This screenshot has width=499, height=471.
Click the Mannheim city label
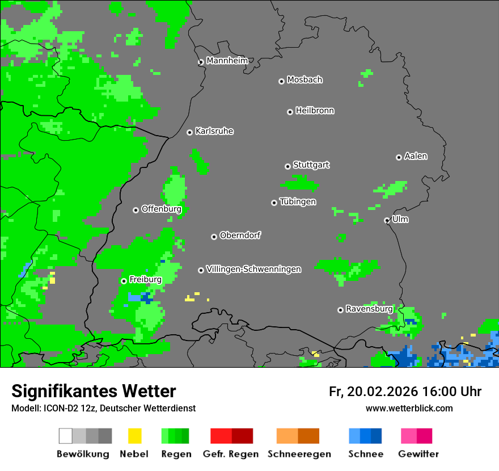[227, 61]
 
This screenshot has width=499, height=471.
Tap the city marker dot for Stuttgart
[287, 166]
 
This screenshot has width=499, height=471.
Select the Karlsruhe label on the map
[214, 131]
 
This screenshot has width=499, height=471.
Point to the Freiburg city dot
[124, 281]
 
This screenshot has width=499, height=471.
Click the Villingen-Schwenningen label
[253, 269]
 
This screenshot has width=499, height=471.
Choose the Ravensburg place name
[369, 309]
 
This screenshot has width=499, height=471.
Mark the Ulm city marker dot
[387, 220]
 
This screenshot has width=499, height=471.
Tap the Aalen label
[415, 156]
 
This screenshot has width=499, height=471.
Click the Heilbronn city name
[314, 111]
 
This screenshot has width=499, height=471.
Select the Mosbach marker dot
[281, 81]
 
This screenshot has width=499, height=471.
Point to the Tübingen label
[297, 201]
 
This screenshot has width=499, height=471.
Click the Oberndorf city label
[240, 235]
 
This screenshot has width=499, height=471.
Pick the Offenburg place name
[161, 209]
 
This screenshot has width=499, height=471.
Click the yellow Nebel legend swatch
[134, 436]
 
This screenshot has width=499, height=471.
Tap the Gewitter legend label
[418, 454]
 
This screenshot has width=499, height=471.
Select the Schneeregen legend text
[299, 454]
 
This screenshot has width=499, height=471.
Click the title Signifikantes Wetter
[94, 391]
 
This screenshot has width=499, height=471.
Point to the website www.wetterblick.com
[409, 408]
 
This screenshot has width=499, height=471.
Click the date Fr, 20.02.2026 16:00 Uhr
[405, 392]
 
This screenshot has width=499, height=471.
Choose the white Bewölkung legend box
[66, 436]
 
